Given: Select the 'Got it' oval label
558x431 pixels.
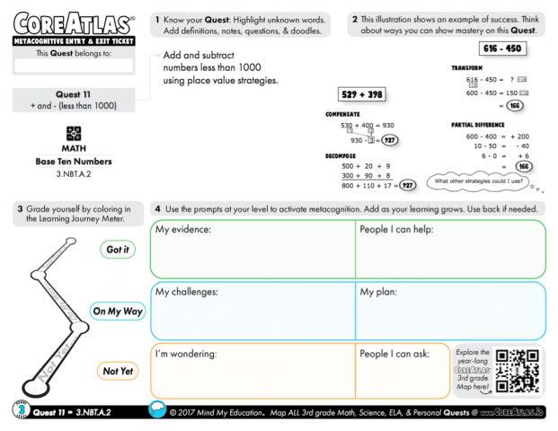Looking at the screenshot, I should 118,251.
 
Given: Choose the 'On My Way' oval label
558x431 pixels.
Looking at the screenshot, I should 118,312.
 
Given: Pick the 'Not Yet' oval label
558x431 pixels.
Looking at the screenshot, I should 118,371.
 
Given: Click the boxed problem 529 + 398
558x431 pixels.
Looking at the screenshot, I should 359,94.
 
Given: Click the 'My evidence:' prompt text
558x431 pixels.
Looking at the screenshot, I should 183,230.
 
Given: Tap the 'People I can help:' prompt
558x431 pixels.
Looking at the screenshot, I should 400,230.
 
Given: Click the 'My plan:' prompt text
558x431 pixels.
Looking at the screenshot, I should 378,292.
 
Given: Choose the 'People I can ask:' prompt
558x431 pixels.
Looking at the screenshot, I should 398,354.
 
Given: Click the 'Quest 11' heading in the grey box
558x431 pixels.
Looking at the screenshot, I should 74,94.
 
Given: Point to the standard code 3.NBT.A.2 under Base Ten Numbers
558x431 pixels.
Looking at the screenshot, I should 74,172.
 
